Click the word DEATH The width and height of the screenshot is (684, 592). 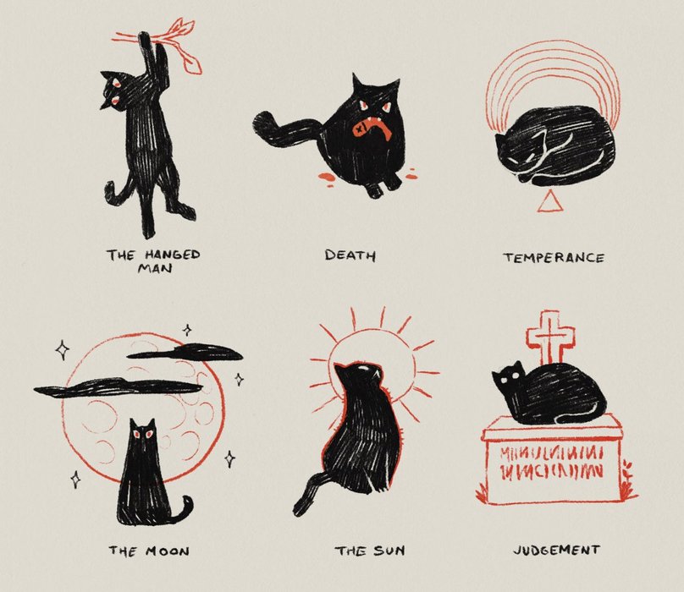click(350, 255)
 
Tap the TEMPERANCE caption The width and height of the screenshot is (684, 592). click(554, 258)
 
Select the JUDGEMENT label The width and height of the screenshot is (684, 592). click(557, 551)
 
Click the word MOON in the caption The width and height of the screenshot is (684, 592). click(168, 551)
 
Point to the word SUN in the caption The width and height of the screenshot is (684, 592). click(389, 551)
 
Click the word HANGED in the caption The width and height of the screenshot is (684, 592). click(173, 255)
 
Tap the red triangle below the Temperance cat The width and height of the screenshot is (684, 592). click(548, 202)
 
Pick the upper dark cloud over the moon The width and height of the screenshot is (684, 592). click(185, 352)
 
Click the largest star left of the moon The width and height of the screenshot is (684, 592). click(63, 350)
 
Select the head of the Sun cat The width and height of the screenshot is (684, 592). click(359, 377)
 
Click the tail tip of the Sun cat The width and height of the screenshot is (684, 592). click(301, 507)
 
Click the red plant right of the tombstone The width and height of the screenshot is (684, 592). click(627, 480)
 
